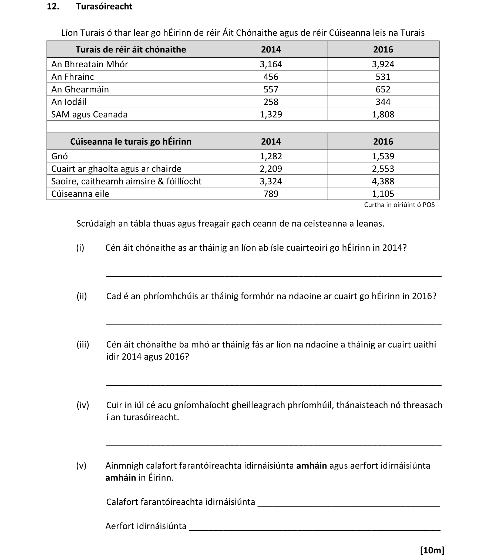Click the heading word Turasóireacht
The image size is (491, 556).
coord(104,6)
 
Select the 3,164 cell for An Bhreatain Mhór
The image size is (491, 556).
coord(271,64)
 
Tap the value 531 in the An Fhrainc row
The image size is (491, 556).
coord(383,77)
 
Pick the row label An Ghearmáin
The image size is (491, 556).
coord(80,89)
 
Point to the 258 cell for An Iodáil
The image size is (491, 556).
coord(271,102)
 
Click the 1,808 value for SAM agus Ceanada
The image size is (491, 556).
coord(383,114)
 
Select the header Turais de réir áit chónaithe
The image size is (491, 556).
coord(131,49)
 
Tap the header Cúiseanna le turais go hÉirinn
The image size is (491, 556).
coord(131,141)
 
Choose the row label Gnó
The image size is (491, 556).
coord(59,156)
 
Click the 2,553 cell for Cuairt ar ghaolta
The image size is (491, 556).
coord(383,169)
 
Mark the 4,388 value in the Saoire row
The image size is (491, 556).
coord(383,181)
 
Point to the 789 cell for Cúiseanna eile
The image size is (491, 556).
coord(271,194)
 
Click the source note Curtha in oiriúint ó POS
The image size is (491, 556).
coord(399,205)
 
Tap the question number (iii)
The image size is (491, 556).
coord(83,344)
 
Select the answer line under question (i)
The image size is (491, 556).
coord(274,276)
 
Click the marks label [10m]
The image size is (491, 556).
coord(432,550)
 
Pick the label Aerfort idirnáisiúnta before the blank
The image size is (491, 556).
coord(146,526)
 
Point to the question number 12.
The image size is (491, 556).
coord(53,6)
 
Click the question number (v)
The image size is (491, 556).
coord(81,465)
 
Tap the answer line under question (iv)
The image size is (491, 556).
coord(274,445)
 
